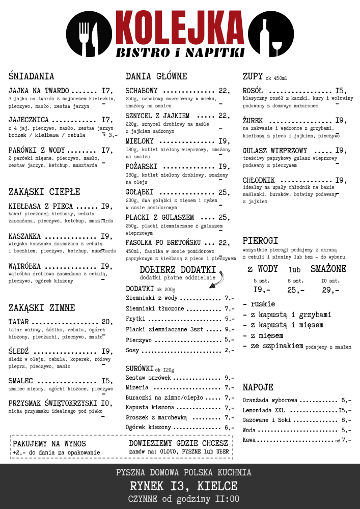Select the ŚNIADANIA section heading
pyautogui.click(x=31, y=76)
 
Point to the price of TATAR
pyautogui.click(x=107, y=322)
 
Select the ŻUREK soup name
pyautogui.click(x=254, y=121)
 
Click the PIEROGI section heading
pyautogui.click(x=260, y=240)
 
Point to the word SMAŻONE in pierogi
pyautogui.click(x=328, y=269)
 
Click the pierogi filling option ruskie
pyautogui.click(x=262, y=304)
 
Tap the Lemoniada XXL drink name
pyautogui.click(x=263, y=410)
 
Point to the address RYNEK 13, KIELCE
pyautogui.click(x=184, y=486)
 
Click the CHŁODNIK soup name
pyautogui.click(x=259, y=180)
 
